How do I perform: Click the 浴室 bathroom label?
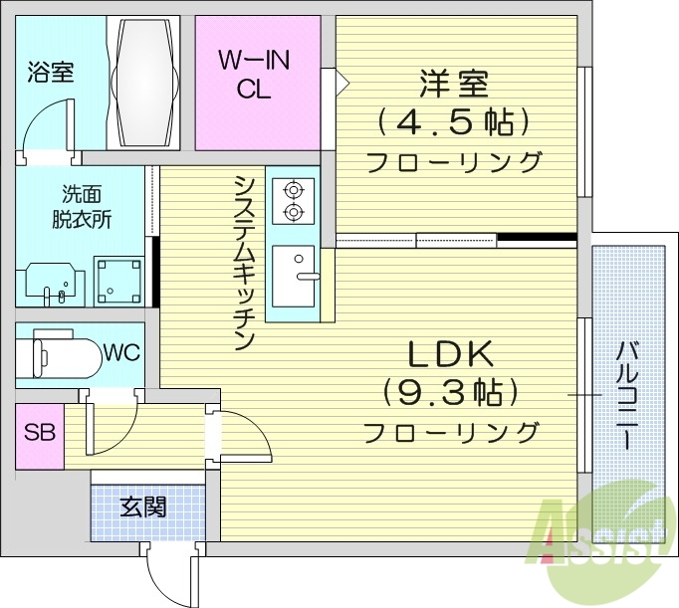pyautogui.click(x=51, y=72)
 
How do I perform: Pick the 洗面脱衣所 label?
pyautogui.click(x=82, y=206)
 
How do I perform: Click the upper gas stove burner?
pyautogui.click(x=294, y=189)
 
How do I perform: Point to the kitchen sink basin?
pyautogui.click(x=294, y=276)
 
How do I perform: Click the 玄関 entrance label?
pyautogui.click(x=142, y=507)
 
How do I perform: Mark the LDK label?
pyautogui.click(x=449, y=353)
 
